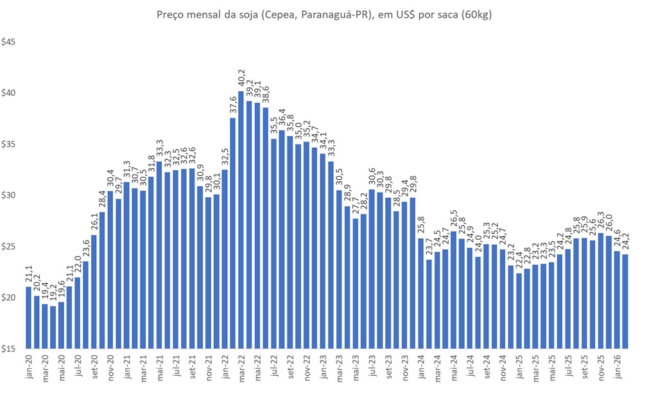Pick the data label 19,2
[53, 295]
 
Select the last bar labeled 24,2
[625, 301]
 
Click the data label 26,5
[453, 220]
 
